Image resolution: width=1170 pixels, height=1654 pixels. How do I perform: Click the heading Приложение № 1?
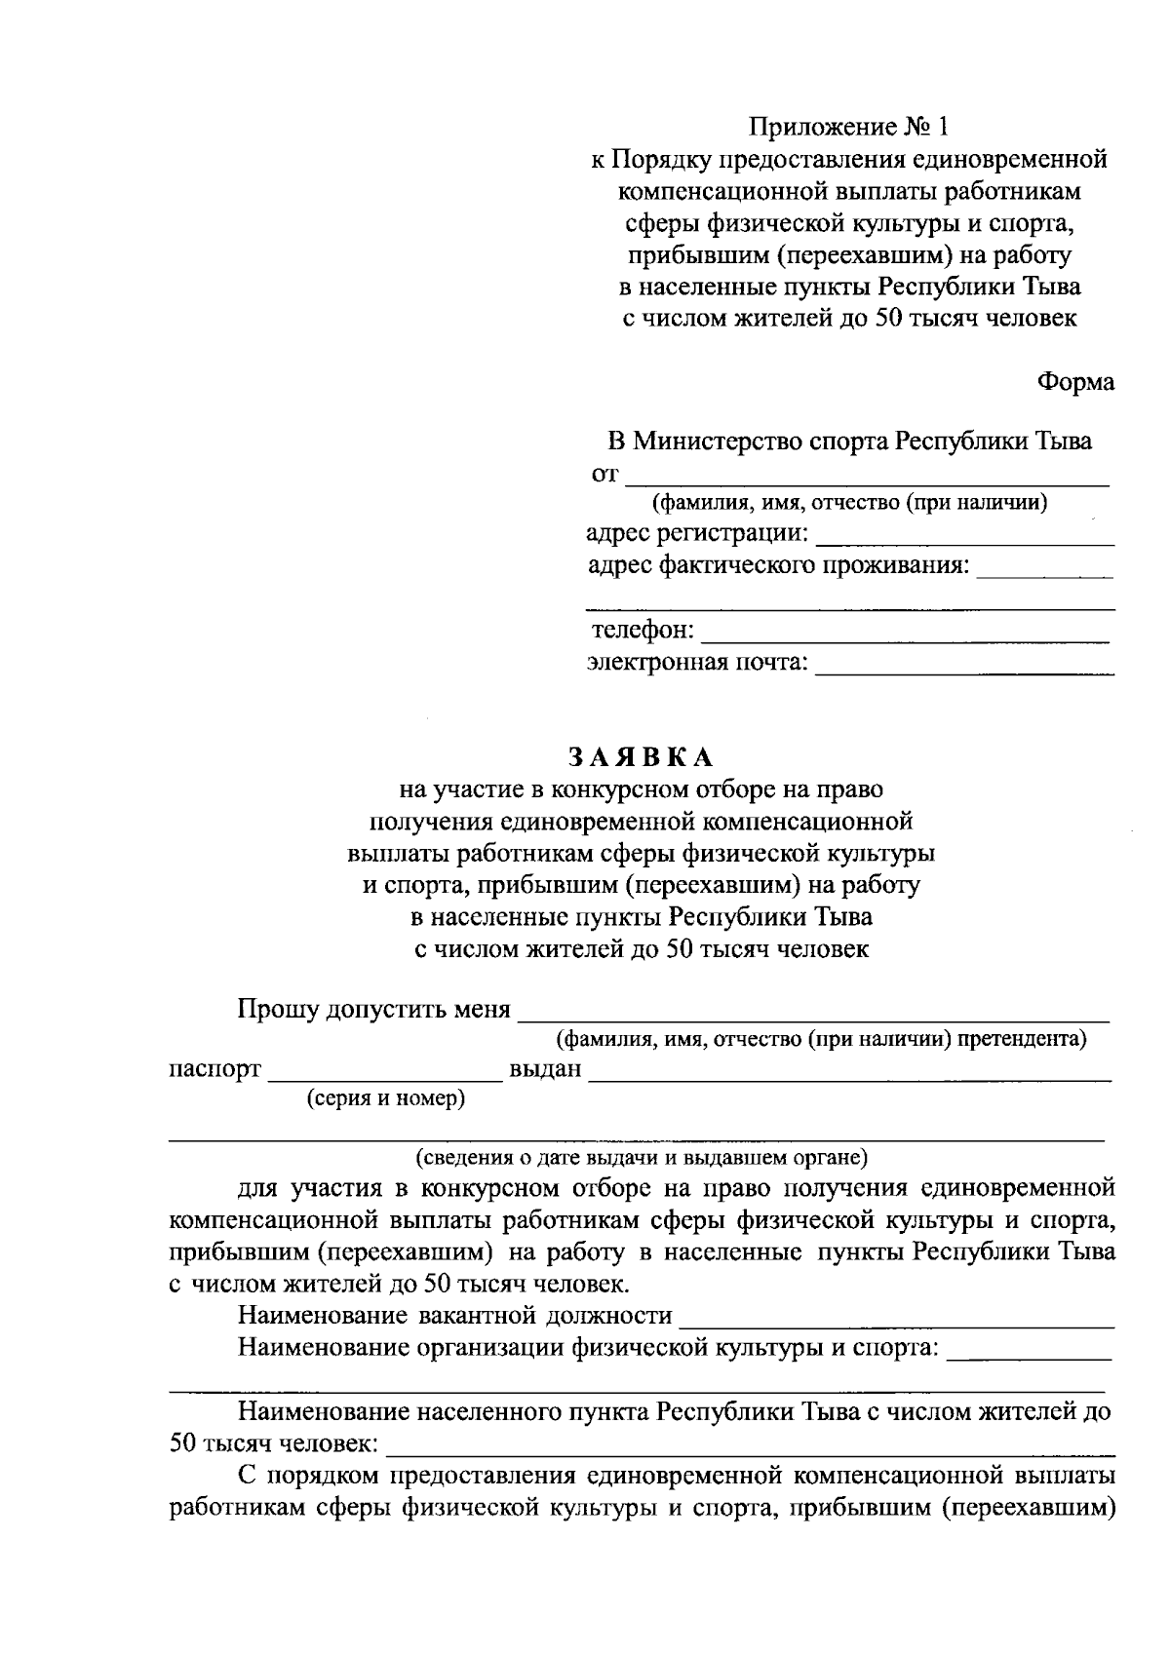tap(847, 127)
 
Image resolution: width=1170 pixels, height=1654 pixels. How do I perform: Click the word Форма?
tap(1075, 382)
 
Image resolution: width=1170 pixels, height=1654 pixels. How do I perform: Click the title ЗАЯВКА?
tap(641, 757)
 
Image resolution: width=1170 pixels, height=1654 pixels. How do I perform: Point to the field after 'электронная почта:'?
tap(963, 666)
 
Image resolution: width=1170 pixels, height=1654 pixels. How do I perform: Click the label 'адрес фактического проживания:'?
tap(779, 566)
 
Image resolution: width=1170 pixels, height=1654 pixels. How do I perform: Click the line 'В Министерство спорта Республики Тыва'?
tap(849, 442)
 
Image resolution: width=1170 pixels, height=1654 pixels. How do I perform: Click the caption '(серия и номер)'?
tap(386, 1099)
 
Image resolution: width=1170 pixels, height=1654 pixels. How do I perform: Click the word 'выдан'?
tap(545, 1070)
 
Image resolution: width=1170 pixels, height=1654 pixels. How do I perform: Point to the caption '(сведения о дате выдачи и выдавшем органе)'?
tap(641, 1158)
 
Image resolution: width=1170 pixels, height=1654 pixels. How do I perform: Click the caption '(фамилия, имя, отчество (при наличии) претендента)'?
tap(820, 1039)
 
